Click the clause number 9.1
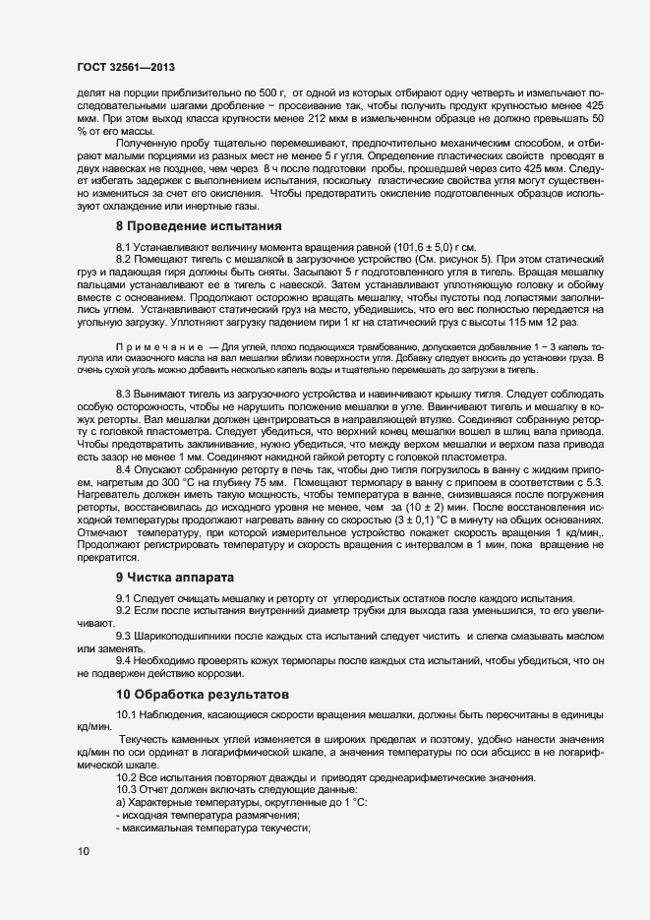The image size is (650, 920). [x=125, y=599]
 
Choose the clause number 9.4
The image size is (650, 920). [x=125, y=660]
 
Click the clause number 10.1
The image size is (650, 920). [x=128, y=713]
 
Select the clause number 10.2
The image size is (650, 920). [x=128, y=779]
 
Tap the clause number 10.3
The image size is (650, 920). [x=128, y=791]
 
